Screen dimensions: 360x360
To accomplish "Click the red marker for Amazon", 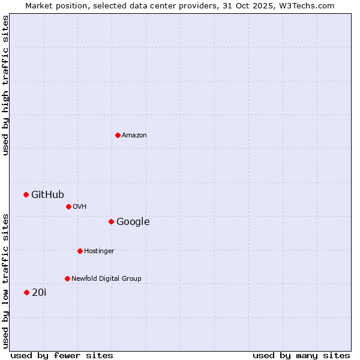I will pyautogui.click(x=118, y=135).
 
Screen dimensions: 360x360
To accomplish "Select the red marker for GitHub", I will pyautogui.click(x=26, y=194).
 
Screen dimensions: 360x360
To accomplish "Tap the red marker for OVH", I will pyautogui.click(x=68, y=206).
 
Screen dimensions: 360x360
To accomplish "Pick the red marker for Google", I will pyautogui.click(x=111, y=221).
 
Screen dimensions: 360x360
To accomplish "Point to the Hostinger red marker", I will pyautogui.click(x=80, y=251).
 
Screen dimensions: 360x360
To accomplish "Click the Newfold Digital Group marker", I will pyautogui.click(x=67, y=278).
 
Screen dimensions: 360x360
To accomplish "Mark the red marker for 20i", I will pyautogui.click(x=26, y=292).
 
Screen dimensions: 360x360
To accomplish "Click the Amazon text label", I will pyautogui.click(x=134, y=136).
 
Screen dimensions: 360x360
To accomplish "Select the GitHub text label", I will pyautogui.click(x=47, y=194).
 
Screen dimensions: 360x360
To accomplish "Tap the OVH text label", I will pyautogui.click(x=80, y=207).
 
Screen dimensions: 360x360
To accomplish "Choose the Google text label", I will pyautogui.click(x=133, y=222).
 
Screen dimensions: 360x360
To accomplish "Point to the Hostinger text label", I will pyautogui.click(x=99, y=251).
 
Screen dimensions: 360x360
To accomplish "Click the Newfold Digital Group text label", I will pyautogui.click(x=106, y=279).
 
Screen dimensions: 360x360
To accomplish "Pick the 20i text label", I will pyautogui.click(x=39, y=293).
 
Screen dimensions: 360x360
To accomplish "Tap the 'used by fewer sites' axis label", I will pyautogui.click(x=62, y=356).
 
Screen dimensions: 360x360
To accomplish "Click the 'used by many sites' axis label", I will pyautogui.click(x=301, y=356).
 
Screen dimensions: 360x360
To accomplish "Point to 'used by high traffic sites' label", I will pyautogui.click(x=5, y=85).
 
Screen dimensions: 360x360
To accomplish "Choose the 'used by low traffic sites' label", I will pyautogui.click(x=5, y=280).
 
